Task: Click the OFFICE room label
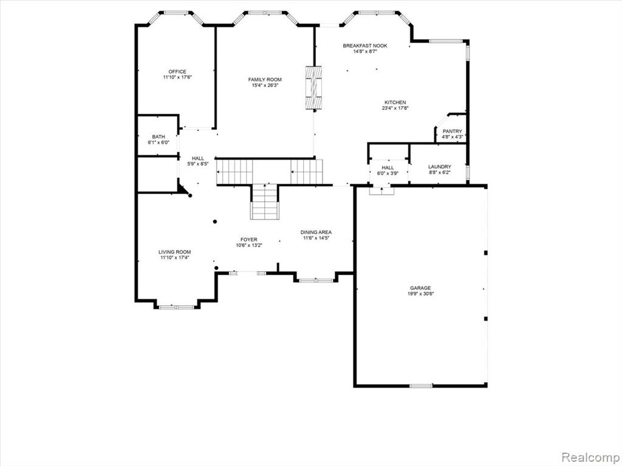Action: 177,72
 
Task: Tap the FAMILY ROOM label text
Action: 265,79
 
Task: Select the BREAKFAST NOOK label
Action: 365,46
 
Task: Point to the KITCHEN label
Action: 395,102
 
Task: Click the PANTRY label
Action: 452,132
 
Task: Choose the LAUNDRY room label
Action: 440,167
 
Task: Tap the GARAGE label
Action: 420,288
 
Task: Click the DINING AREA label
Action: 316,232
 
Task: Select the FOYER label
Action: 248,239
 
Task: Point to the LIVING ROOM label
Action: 174,252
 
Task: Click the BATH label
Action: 159,137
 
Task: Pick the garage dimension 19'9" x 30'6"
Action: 420,294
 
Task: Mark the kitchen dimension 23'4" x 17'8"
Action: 395,108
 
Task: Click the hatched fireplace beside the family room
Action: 313,87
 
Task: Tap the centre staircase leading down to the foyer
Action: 265,201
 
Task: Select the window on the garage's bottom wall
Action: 421,385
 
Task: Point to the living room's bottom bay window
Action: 177,307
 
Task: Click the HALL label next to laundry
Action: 388,167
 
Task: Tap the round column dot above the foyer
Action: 215,221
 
